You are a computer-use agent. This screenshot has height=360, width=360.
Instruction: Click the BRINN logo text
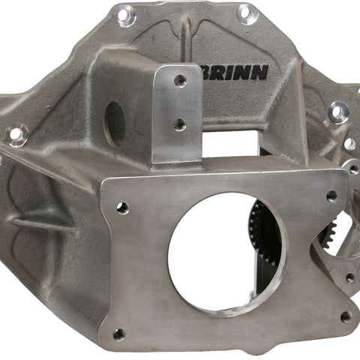click(x=235, y=73)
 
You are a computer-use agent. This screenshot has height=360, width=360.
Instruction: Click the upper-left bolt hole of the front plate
click(x=123, y=208)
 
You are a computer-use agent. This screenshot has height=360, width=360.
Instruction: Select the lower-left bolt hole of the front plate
click(x=118, y=334)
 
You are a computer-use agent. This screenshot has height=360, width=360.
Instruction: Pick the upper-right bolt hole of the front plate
click(x=331, y=196)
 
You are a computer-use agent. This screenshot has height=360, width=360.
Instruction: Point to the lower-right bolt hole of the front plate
click(x=346, y=316)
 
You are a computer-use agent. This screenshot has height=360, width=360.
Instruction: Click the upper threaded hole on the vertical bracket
click(x=180, y=80)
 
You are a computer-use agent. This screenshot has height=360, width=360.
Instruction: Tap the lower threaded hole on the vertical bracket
click(x=180, y=124)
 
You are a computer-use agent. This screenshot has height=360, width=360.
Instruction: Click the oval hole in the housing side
click(x=115, y=124)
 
